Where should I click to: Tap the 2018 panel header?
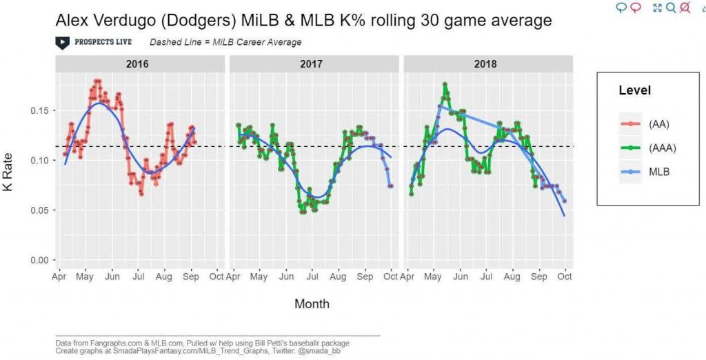pos(487,64)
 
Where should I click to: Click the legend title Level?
pos(634,90)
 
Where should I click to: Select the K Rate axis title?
pos(10,186)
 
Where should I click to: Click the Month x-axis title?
pos(312,303)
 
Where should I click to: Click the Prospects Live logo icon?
pos(62,42)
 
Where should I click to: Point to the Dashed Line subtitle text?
pos(225,42)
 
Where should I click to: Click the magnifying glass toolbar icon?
pos(671,8)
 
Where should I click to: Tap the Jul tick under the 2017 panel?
pos(312,277)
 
